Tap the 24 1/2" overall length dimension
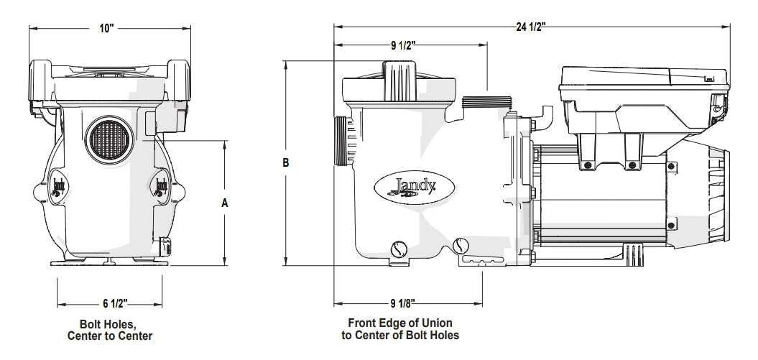coord(531,27)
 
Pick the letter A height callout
coord(224,203)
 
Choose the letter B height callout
coord(286,164)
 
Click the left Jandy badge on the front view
coord(58,187)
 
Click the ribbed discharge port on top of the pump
coord(486,105)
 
